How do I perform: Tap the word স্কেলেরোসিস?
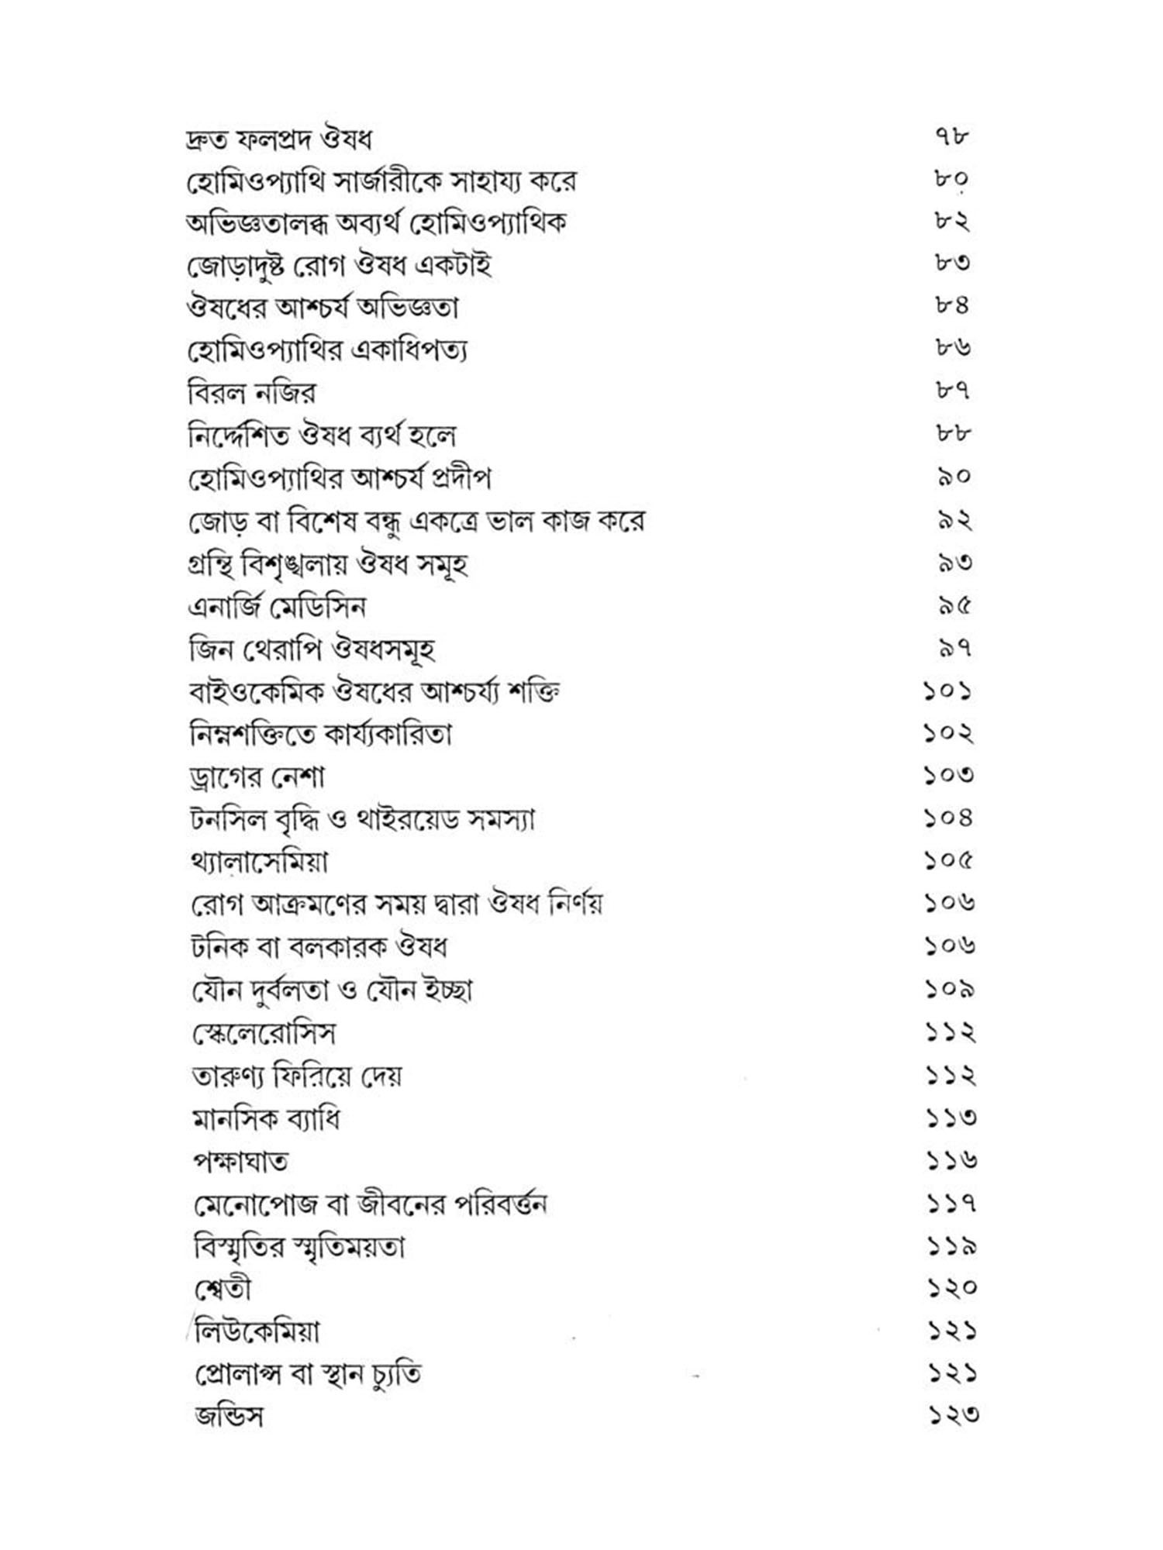pyautogui.click(x=264, y=1033)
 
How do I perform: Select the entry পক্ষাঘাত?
pyautogui.click(x=240, y=1161)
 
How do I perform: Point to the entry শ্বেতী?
pyautogui.click(x=223, y=1289)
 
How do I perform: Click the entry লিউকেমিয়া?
pyautogui.click(x=257, y=1331)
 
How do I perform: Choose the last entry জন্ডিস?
pyautogui.click(x=229, y=1417)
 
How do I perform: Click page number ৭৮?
pyautogui.click(x=951, y=138)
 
